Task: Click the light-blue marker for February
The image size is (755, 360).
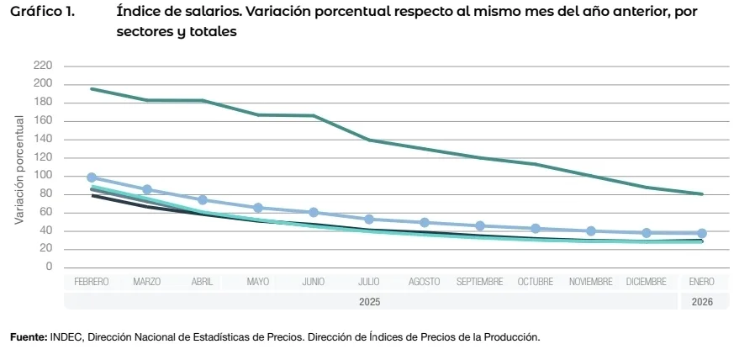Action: pos(92,177)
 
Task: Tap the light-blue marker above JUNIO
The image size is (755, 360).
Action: pos(314,213)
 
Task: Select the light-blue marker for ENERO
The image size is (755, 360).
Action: pos(702,233)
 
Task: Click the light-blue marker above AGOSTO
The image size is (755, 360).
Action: pos(425,223)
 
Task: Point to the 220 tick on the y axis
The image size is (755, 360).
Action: pos(43,66)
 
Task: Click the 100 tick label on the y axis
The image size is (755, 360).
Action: pos(43,176)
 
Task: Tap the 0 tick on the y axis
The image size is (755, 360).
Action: pos(49,267)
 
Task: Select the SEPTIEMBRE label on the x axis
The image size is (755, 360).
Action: pos(480,283)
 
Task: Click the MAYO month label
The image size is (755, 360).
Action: pos(258,283)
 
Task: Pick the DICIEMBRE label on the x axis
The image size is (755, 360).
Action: pos(647,283)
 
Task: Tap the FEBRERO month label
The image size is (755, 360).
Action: pos(92,283)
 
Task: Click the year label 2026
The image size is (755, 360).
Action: pos(702,301)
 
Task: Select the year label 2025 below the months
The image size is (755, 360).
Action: pos(369,301)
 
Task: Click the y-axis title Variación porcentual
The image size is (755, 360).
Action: pos(18,169)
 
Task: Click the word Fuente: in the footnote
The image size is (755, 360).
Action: pos(28,337)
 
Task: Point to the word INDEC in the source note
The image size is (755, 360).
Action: pos(66,337)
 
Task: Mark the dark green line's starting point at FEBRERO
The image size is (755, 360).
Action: pos(92,88)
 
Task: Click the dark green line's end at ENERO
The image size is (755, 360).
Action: pos(702,194)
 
